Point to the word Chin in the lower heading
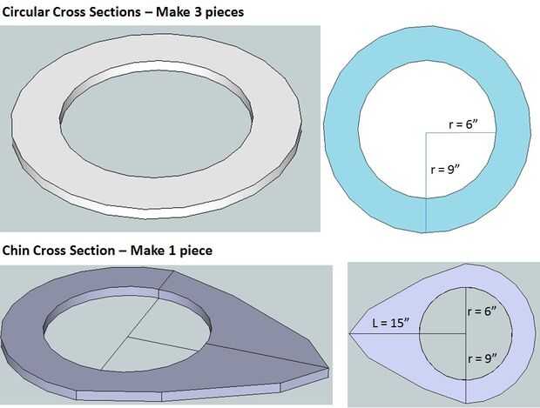point(17,251)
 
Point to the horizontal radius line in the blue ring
point(461,132)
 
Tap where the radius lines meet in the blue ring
point(426,132)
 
